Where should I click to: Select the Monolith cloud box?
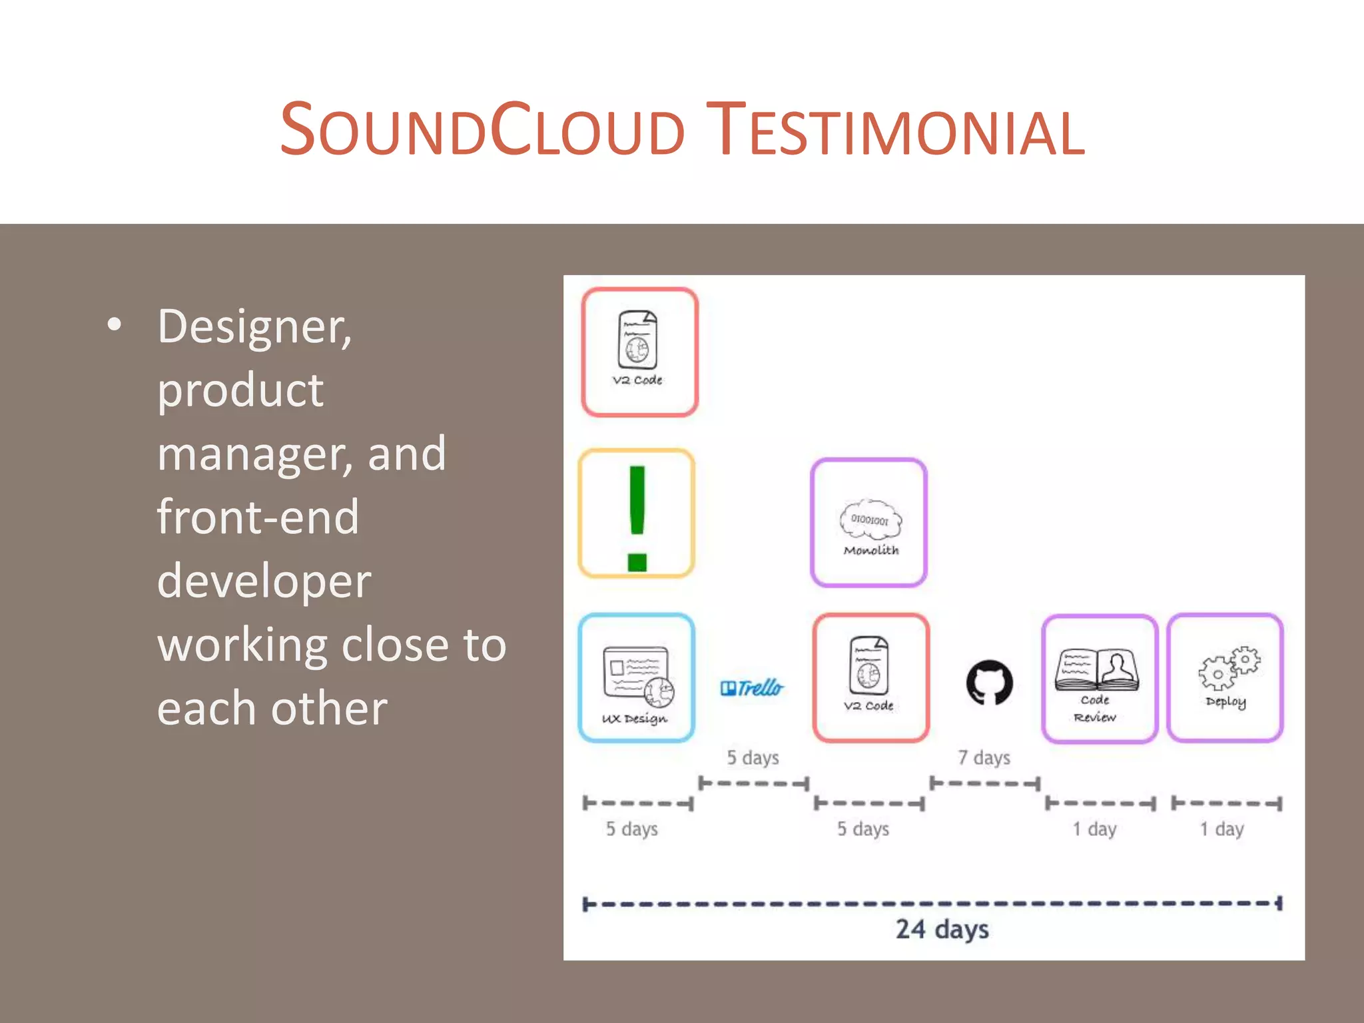coord(868,523)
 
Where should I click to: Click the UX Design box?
coord(637,678)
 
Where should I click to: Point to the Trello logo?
coord(752,687)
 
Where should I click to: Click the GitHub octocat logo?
coord(989,683)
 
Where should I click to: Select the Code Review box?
coord(1099,679)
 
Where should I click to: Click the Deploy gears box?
coord(1225,678)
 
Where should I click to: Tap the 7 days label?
coord(984,758)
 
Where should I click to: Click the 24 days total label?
coord(942,929)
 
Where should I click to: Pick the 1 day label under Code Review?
coord(1094,829)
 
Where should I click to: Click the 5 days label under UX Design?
coord(631,829)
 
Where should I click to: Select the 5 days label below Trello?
coord(753,758)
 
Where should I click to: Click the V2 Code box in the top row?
coord(639,352)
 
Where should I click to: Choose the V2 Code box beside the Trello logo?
coord(870,678)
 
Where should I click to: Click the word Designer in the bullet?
coord(254,328)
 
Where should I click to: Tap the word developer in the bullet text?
coord(264,581)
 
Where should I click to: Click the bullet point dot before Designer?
coord(115,325)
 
